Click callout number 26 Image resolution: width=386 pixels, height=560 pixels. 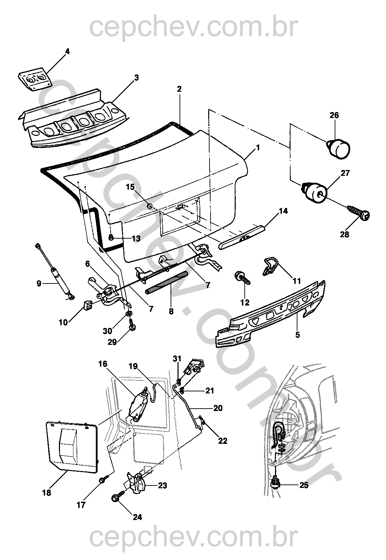tap(334, 115)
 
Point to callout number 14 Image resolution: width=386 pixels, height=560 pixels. tap(283, 211)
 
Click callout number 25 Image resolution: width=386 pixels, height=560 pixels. tap(304, 485)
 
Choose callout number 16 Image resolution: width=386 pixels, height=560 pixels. tap(103, 364)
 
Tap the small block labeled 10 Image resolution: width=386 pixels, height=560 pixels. tap(88, 305)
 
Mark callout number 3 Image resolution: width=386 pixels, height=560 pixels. tap(136, 78)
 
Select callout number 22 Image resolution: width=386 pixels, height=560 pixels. tap(223, 441)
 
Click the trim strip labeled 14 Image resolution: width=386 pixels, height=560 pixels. tap(243, 237)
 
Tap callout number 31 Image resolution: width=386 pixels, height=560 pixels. tap(177, 359)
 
